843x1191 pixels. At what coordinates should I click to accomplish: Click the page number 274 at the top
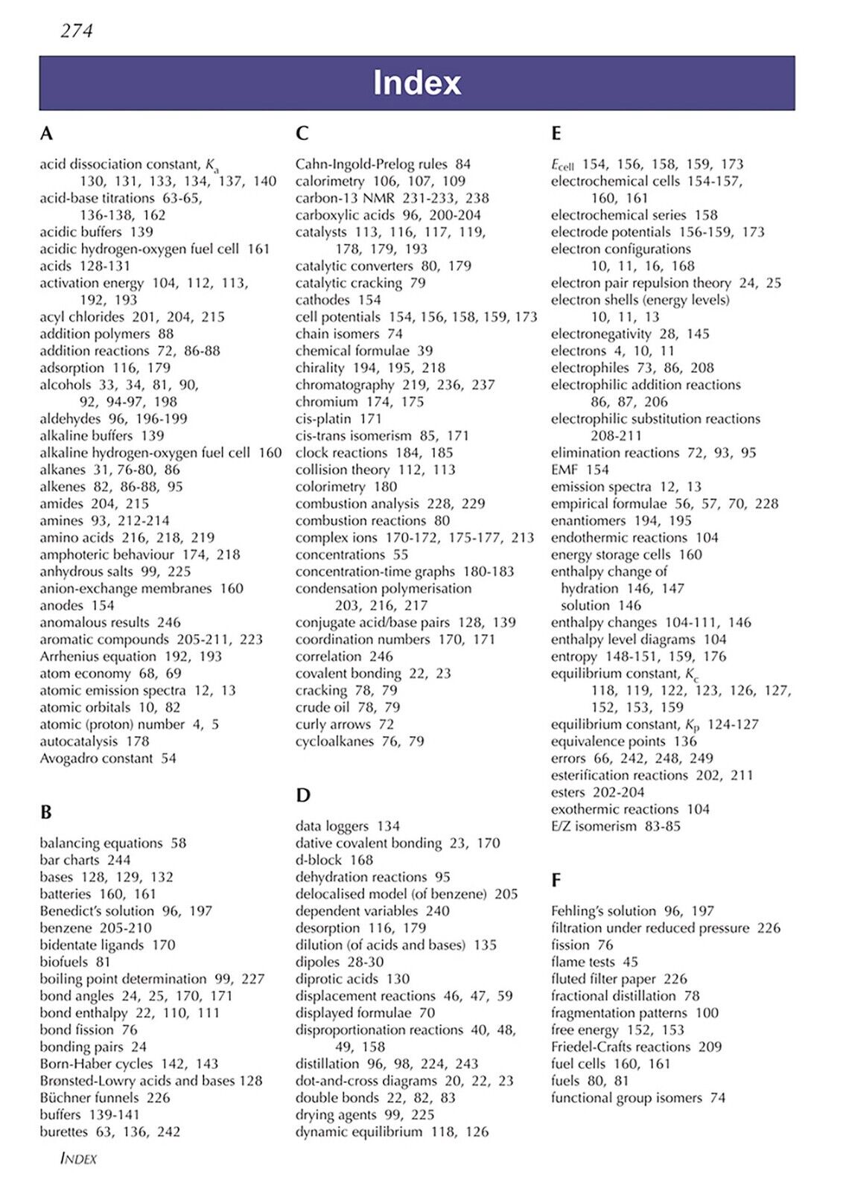[x=76, y=31]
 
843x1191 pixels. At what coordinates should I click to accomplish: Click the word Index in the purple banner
[x=417, y=83]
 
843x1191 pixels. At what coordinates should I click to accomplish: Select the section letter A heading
[x=46, y=134]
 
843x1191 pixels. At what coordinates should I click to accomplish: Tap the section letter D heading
[x=302, y=796]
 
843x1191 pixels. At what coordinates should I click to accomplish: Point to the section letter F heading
[x=556, y=881]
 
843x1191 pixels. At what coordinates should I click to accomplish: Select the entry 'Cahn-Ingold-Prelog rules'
[x=371, y=164]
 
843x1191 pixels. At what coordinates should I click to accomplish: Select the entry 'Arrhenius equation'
[x=98, y=657]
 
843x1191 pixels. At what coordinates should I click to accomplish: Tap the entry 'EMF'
[x=564, y=470]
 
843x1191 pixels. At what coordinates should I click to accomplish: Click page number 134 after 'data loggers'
[x=388, y=826]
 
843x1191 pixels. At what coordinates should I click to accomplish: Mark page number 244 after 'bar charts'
[x=118, y=860]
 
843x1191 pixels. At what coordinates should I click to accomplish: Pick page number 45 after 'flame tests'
[x=630, y=962]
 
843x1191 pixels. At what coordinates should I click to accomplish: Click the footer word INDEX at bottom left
[x=78, y=1159]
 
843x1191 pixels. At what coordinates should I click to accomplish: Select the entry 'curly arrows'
[x=332, y=724]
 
